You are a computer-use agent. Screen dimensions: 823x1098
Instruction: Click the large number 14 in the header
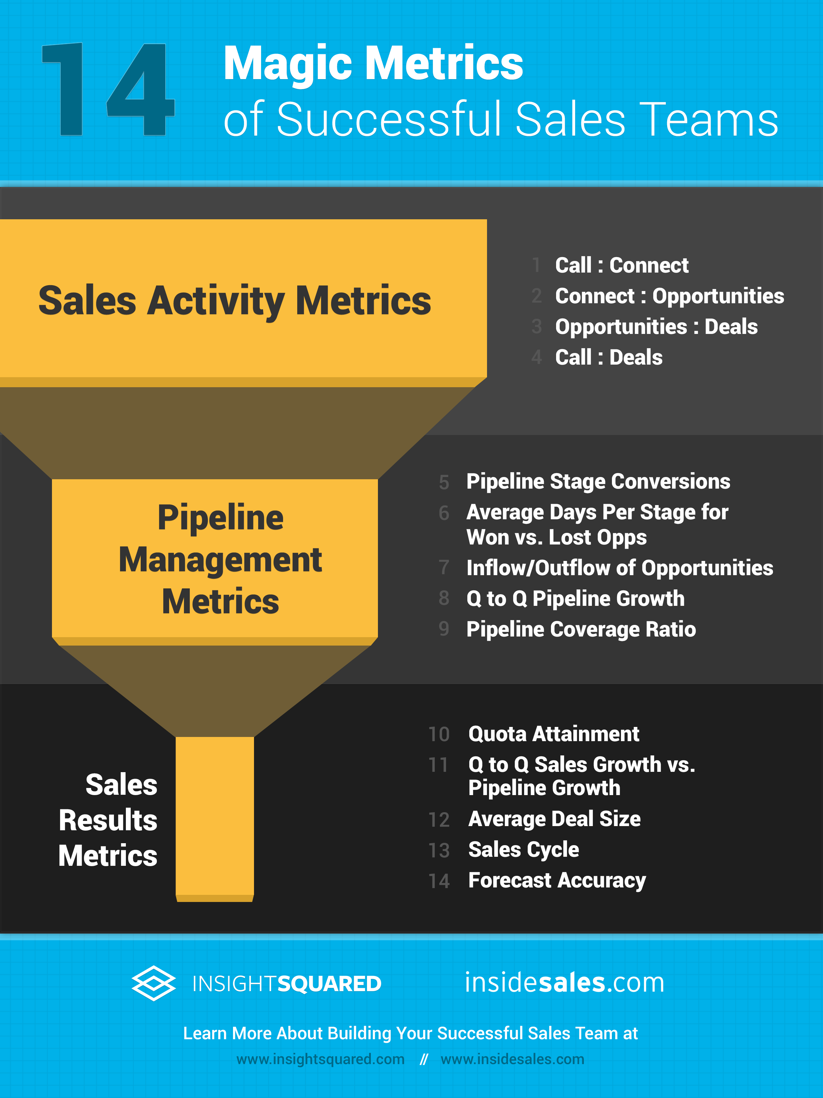pyautogui.click(x=108, y=89)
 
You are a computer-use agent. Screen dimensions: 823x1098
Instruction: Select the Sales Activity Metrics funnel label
pyautogui.click(x=235, y=301)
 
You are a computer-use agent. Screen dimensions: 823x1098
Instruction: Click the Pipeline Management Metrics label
pyautogui.click(x=220, y=559)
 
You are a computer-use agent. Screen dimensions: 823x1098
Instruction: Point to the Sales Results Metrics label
pyautogui.click(x=108, y=820)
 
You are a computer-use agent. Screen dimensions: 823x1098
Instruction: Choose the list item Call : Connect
pyautogui.click(x=622, y=265)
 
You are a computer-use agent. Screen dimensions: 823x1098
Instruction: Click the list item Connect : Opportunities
pyautogui.click(x=670, y=296)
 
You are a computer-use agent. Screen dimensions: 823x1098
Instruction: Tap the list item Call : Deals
pyautogui.click(x=609, y=357)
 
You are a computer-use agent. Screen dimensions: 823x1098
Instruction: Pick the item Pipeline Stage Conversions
pyautogui.click(x=598, y=482)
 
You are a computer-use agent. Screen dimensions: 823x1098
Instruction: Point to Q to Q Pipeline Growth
pyautogui.click(x=575, y=599)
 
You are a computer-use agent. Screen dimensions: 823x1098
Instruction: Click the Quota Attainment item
pyautogui.click(x=554, y=734)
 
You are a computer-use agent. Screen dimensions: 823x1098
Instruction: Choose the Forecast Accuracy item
pyautogui.click(x=557, y=881)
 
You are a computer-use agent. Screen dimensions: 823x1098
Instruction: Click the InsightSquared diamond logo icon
pyautogui.click(x=153, y=983)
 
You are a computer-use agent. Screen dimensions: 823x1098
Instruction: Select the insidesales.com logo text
pyautogui.click(x=564, y=982)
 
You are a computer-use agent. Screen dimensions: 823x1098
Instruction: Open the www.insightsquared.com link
pyautogui.click(x=320, y=1059)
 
